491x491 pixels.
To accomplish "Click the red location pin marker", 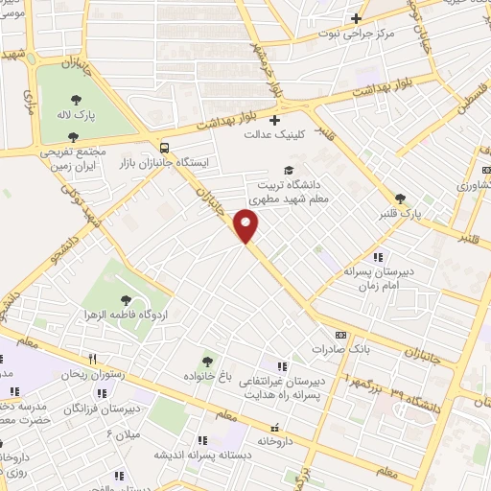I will (x=247, y=226).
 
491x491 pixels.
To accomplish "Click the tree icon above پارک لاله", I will (x=75, y=99).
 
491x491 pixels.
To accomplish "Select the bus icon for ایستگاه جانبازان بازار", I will (x=166, y=148).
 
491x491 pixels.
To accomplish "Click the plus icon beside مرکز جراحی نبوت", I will (x=357, y=18).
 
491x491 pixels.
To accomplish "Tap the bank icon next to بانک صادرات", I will (x=339, y=335).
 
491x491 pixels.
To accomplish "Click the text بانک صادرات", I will (x=366, y=349).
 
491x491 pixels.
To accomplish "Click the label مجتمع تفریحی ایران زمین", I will (x=75, y=161).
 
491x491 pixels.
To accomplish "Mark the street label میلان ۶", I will (x=122, y=434).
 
